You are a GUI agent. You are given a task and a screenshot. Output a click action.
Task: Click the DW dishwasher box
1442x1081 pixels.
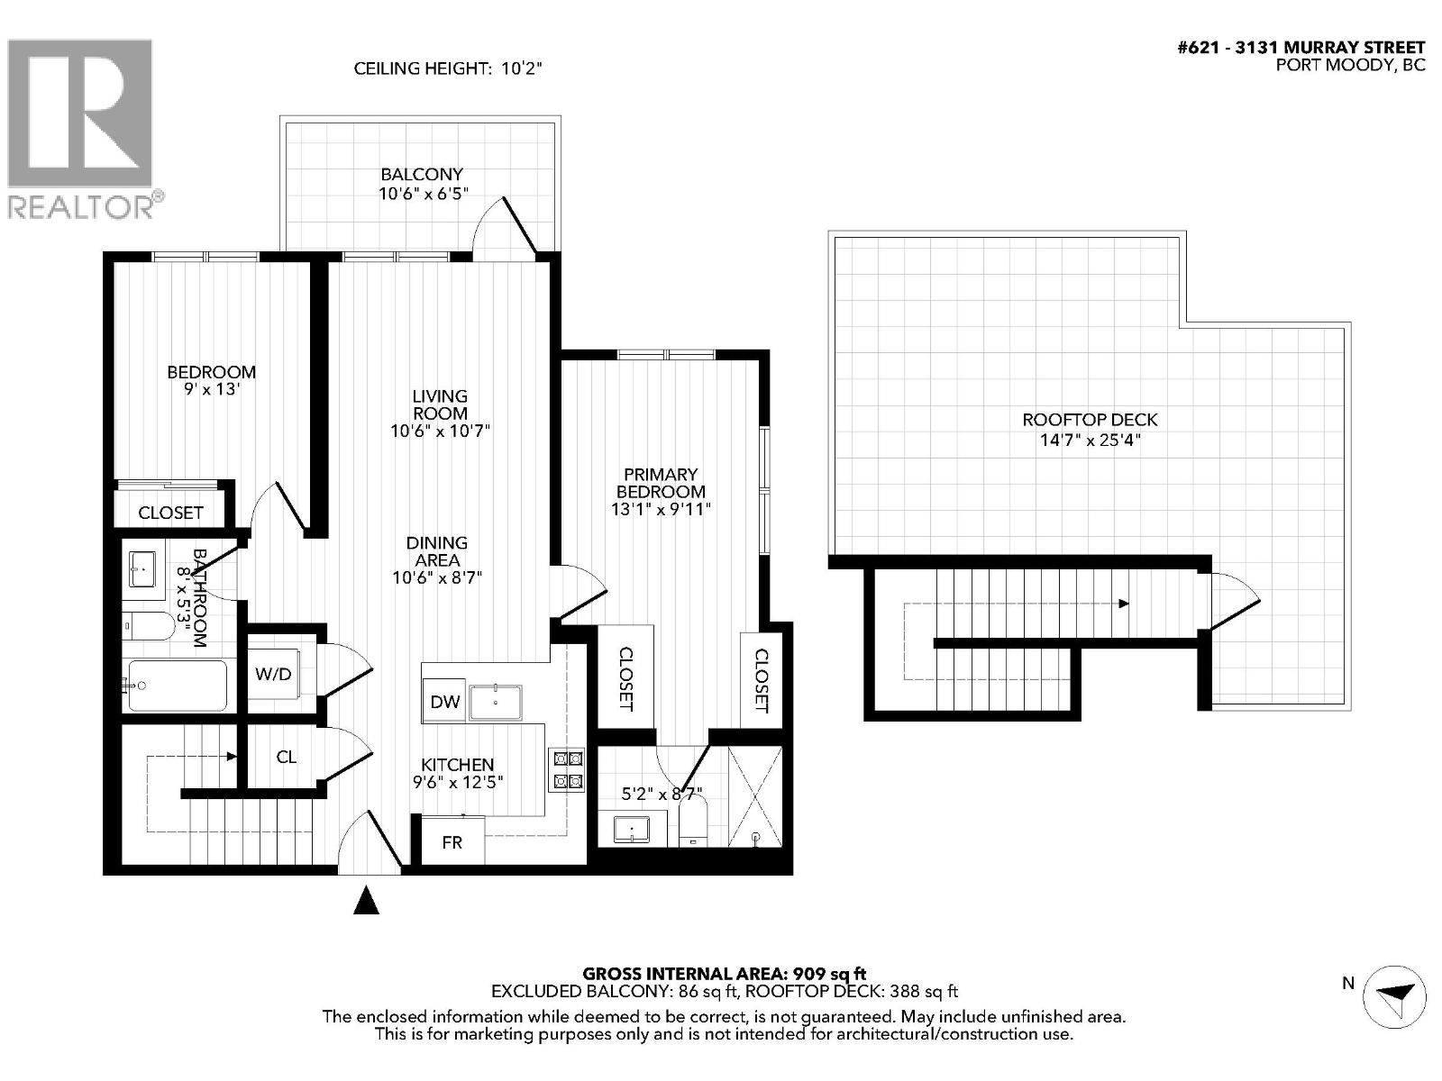(x=443, y=702)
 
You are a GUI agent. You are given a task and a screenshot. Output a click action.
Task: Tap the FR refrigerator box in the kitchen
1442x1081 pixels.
(x=452, y=842)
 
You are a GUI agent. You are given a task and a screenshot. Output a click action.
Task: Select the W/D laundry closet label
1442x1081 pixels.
(x=273, y=674)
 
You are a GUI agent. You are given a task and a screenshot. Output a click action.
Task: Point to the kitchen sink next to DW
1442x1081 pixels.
(x=496, y=702)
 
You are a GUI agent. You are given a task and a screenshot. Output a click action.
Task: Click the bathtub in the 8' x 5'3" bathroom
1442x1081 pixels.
(x=178, y=686)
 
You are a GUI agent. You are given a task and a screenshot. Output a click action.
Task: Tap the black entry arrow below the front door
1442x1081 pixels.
(x=365, y=900)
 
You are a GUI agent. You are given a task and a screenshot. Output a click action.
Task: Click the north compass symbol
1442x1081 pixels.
(x=1394, y=995)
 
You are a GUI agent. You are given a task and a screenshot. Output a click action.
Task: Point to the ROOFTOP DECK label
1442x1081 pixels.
(x=1090, y=420)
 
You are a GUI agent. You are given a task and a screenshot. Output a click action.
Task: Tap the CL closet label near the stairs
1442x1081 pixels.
(x=286, y=758)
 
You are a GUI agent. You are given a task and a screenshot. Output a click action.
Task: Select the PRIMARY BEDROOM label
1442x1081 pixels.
(x=661, y=483)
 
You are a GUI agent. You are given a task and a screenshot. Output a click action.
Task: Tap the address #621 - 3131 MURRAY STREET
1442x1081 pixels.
(x=1301, y=48)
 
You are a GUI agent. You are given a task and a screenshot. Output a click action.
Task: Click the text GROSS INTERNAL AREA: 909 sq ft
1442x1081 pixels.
(x=724, y=974)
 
